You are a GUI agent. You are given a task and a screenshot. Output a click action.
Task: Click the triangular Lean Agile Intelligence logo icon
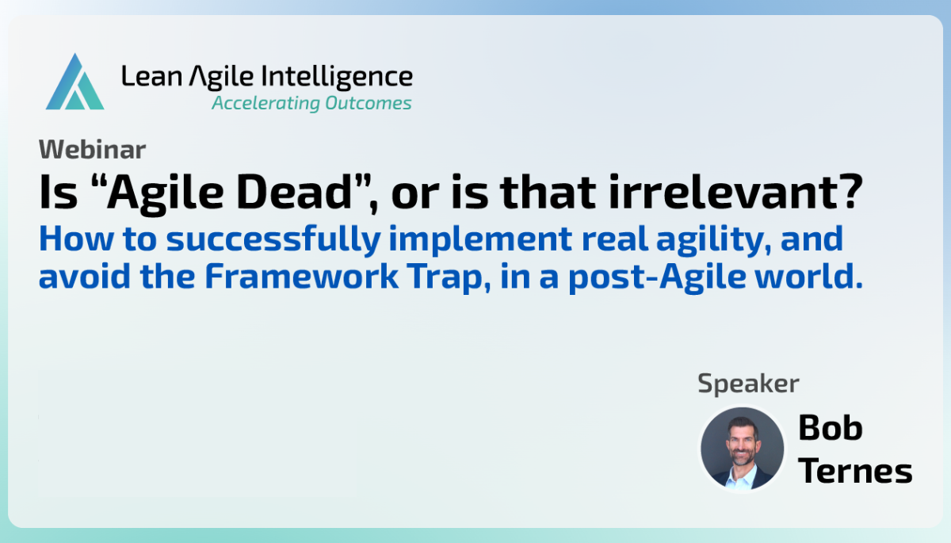74,83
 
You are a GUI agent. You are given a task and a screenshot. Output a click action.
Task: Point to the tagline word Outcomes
369,103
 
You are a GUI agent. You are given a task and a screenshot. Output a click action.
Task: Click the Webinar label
92,149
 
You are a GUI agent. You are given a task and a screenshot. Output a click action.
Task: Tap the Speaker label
747,384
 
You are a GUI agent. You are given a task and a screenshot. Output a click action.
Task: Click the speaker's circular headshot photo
741,449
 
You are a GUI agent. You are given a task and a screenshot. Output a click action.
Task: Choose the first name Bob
830,429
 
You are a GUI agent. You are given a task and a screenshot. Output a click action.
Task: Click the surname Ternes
854,470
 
